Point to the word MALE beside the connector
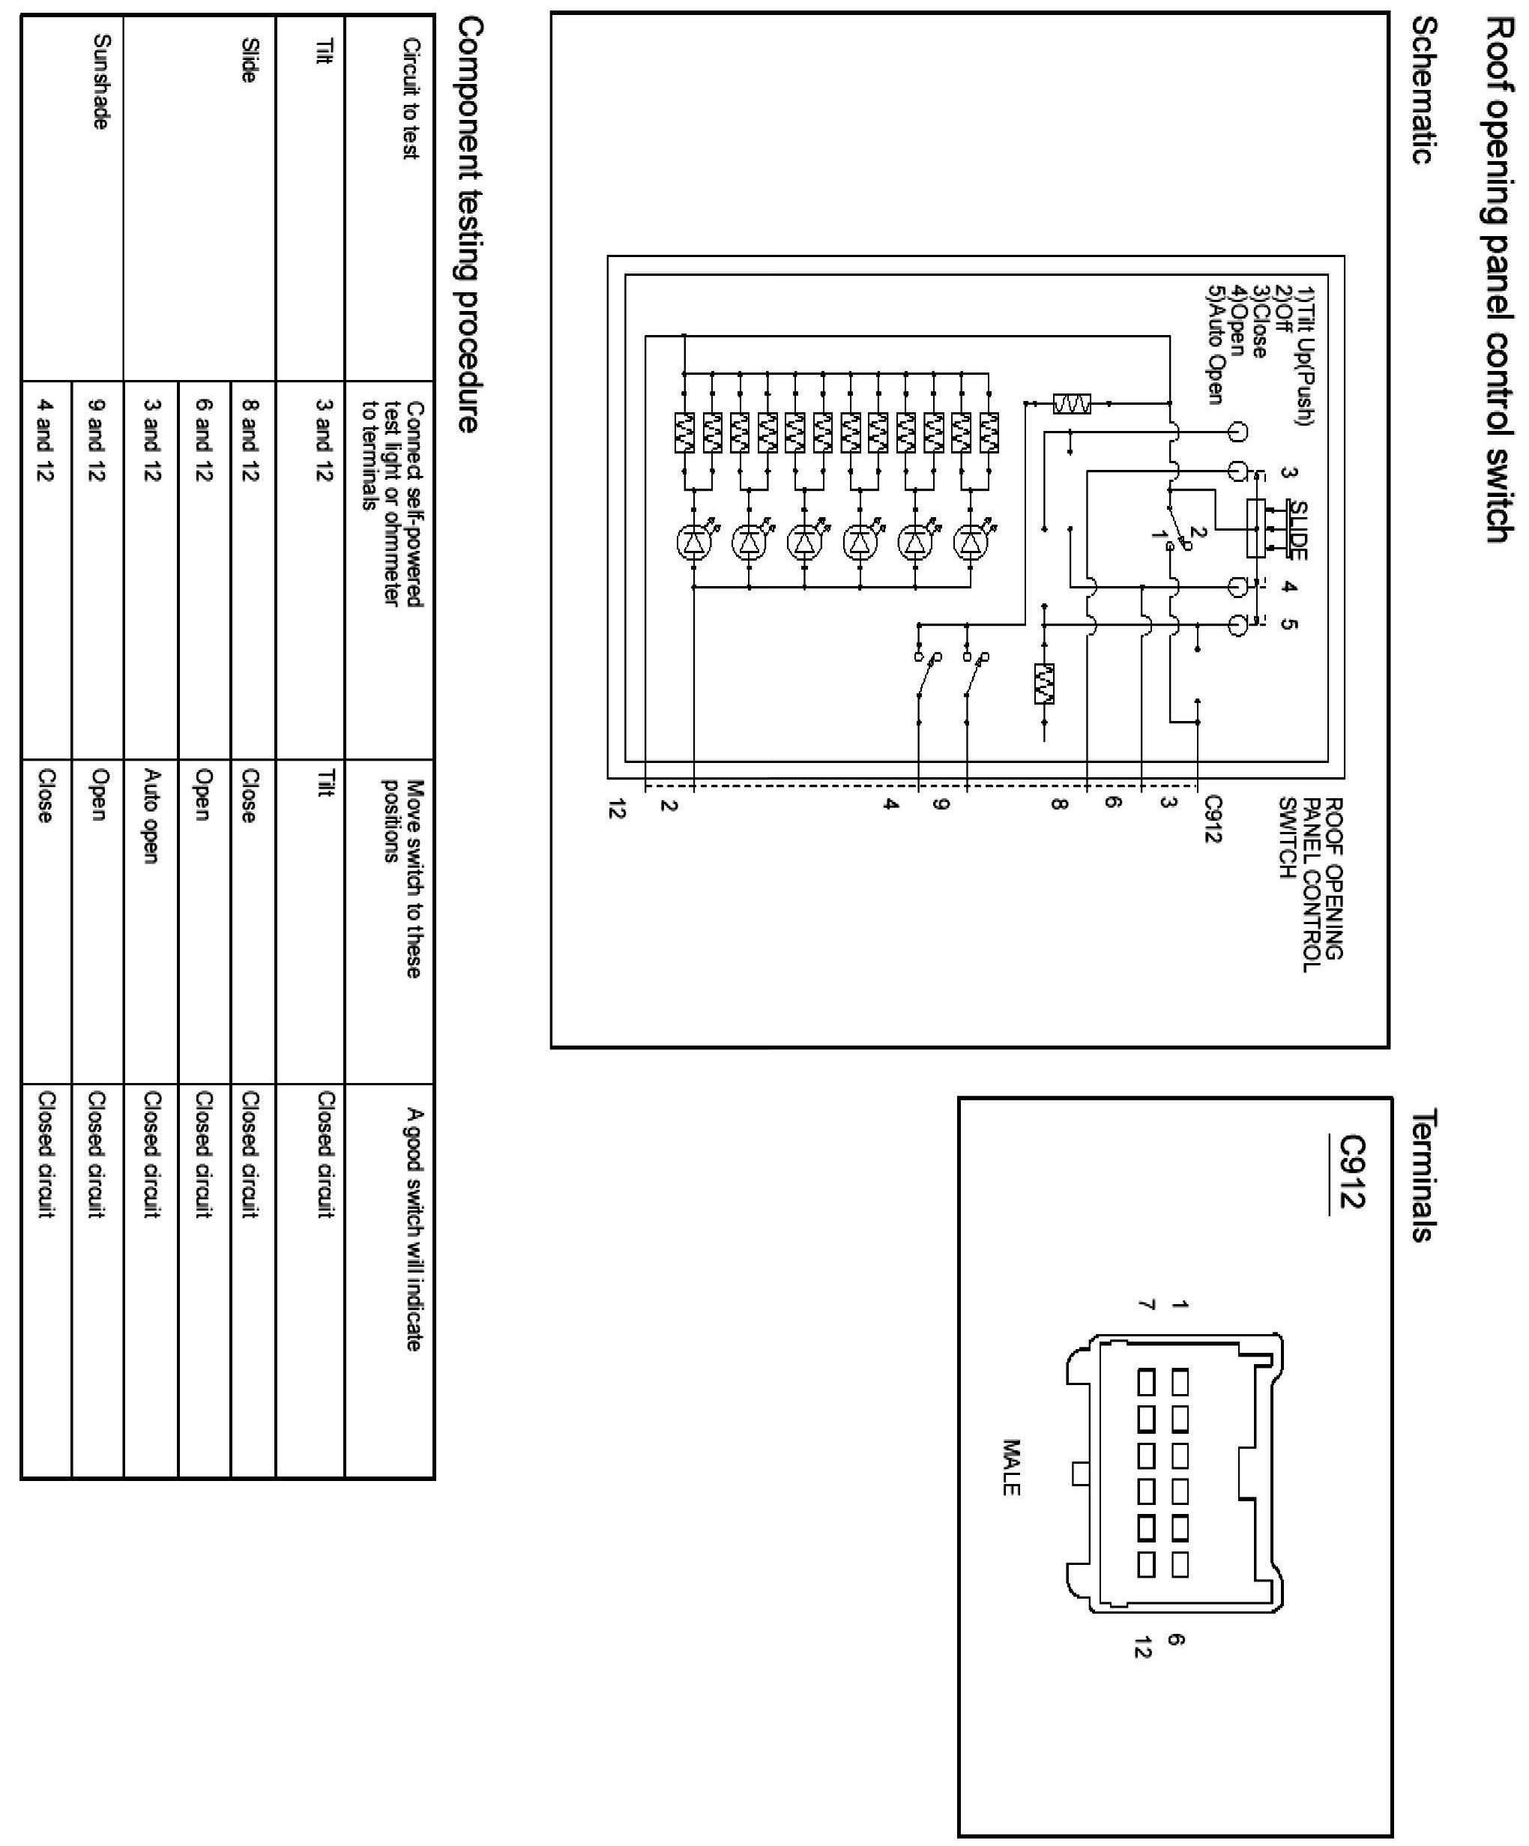1010,1466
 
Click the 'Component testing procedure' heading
469,225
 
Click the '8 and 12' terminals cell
250,438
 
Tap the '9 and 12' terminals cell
97,438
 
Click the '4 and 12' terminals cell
45,438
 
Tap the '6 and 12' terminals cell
203,438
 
